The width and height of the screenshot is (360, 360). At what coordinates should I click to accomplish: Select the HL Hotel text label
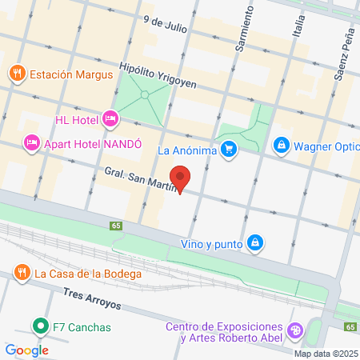[x=77, y=120]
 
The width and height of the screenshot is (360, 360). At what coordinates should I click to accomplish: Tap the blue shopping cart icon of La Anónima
[x=229, y=148]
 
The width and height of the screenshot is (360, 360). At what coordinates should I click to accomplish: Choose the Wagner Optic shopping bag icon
[x=281, y=145]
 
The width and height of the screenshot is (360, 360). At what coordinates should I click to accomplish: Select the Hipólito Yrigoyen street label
[x=158, y=74]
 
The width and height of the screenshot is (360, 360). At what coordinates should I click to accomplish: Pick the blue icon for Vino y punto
[x=254, y=242]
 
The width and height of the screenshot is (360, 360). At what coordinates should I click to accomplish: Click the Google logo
[x=26, y=350]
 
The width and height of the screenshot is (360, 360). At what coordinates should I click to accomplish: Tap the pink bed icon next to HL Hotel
[x=110, y=120]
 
